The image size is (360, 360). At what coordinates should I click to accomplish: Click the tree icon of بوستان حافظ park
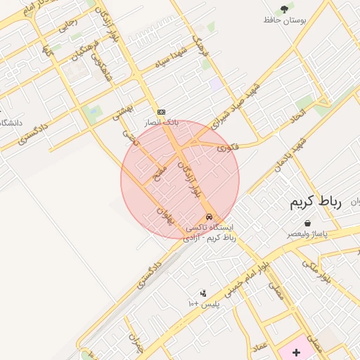tap(284, 9)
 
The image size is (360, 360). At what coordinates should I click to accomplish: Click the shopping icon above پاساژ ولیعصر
tap(308, 223)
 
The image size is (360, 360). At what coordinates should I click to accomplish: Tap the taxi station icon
tap(209, 217)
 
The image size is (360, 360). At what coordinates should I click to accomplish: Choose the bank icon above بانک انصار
tap(161, 112)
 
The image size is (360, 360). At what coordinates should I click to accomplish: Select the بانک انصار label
tap(162, 122)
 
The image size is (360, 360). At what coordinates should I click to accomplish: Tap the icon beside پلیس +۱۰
tap(203, 293)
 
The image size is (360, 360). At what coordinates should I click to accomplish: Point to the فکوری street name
tap(228, 147)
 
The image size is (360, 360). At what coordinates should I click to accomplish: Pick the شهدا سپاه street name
tap(172, 54)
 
